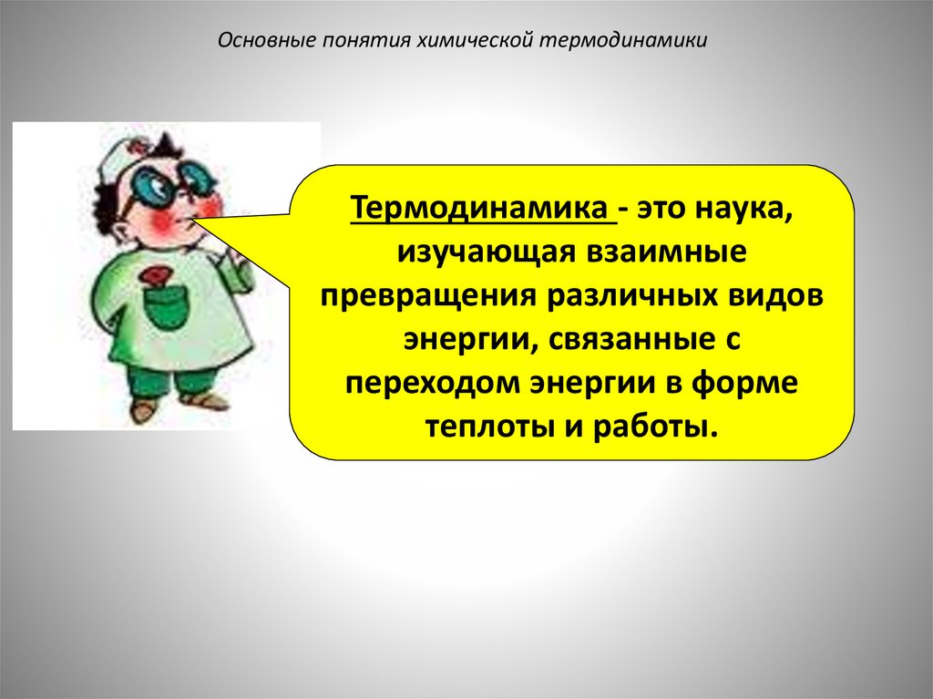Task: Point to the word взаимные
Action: click(x=671, y=252)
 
